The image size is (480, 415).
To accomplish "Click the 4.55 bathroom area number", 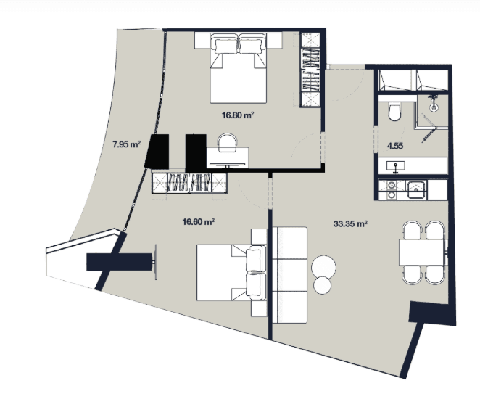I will [x=395, y=146].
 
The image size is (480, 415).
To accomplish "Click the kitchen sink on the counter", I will [x=417, y=190].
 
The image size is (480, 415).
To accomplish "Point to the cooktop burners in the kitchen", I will [x=389, y=190].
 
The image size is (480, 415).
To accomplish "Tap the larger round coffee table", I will [x=324, y=265].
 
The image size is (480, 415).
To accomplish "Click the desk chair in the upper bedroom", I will [x=224, y=144].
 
